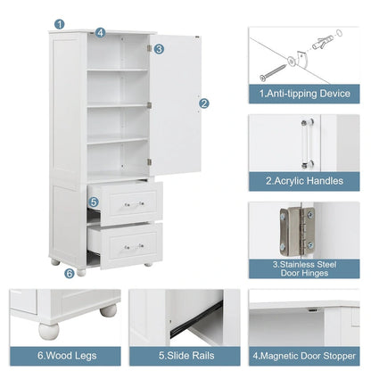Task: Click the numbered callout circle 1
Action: [59, 25]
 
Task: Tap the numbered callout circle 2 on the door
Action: [204, 103]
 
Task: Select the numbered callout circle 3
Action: [159, 49]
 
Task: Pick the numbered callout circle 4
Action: [100, 32]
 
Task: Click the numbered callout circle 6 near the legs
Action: [70, 273]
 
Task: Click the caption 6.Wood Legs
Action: [62, 354]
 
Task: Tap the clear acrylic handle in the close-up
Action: [306, 144]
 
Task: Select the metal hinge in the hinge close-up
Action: [294, 230]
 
